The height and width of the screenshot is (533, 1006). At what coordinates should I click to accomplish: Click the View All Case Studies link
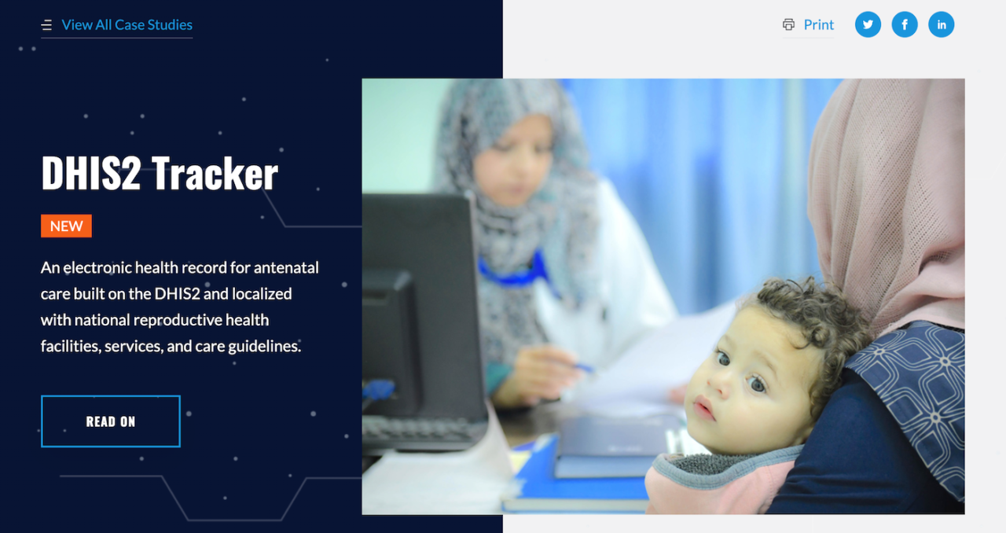[x=127, y=25]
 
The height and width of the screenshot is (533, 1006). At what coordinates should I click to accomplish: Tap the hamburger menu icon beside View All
[x=46, y=26]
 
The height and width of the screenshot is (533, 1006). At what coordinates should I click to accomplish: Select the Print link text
[x=818, y=25]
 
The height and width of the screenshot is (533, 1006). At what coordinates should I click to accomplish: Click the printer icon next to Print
[x=788, y=25]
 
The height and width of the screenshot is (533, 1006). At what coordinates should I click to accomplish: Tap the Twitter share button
[x=868, y=24]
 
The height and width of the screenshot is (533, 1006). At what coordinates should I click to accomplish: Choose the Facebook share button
[x=905, y=24]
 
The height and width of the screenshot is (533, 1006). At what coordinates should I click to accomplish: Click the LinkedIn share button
[x=941, y=24]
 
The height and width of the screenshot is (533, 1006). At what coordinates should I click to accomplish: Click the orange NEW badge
[x=66, y=226]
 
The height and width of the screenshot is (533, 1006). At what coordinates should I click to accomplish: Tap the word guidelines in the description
[x=263, y=346]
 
